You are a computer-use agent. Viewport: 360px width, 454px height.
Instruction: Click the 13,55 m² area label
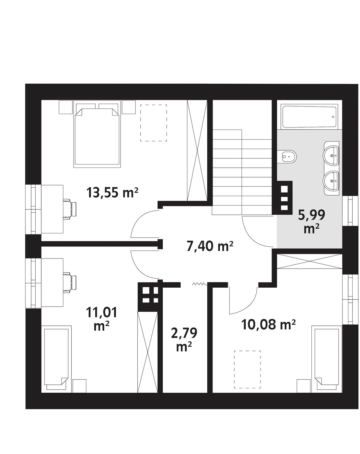pyautogui.click(x=112, y=193)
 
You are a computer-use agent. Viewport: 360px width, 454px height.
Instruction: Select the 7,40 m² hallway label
pyautogui.click(x=210, y=246)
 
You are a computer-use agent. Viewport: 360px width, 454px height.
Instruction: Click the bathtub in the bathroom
pyautogui.click(x=309, y=117)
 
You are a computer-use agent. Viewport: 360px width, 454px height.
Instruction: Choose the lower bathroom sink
pyautogui.click(x=331, y=181)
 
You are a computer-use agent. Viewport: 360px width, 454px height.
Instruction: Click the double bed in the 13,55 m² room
pyautogui.click(x=97, y=134)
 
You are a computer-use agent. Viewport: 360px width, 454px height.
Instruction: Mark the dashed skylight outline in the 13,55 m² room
pyautogui.click(x=154, y=123)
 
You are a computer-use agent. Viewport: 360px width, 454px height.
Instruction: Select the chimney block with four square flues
pyautogui.click(x=150, y=294)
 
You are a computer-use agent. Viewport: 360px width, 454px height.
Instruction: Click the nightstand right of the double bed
pyautogui.click(x=129, y=107)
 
